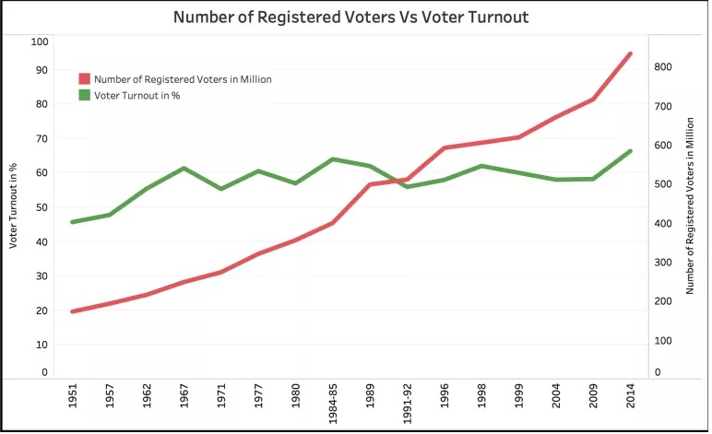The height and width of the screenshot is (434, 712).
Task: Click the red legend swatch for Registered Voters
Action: [x=85, y=79]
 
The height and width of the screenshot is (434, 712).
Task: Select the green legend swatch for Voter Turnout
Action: [x=85, y=95]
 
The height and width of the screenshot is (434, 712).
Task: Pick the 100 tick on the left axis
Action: [x=39, y=41]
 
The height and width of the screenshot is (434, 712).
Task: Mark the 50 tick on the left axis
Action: [x=42, y=207]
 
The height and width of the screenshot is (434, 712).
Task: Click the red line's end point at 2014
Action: [x=630, y=53]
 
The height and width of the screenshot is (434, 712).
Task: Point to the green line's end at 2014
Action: [x=630, y=151]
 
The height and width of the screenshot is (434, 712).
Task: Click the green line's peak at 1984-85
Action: [x=333, y=159]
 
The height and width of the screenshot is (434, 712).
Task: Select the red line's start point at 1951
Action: [x=73, y=311]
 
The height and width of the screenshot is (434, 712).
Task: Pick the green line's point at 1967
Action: [x=184, y=169]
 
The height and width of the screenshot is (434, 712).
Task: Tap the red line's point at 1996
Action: [x=445, y=148]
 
